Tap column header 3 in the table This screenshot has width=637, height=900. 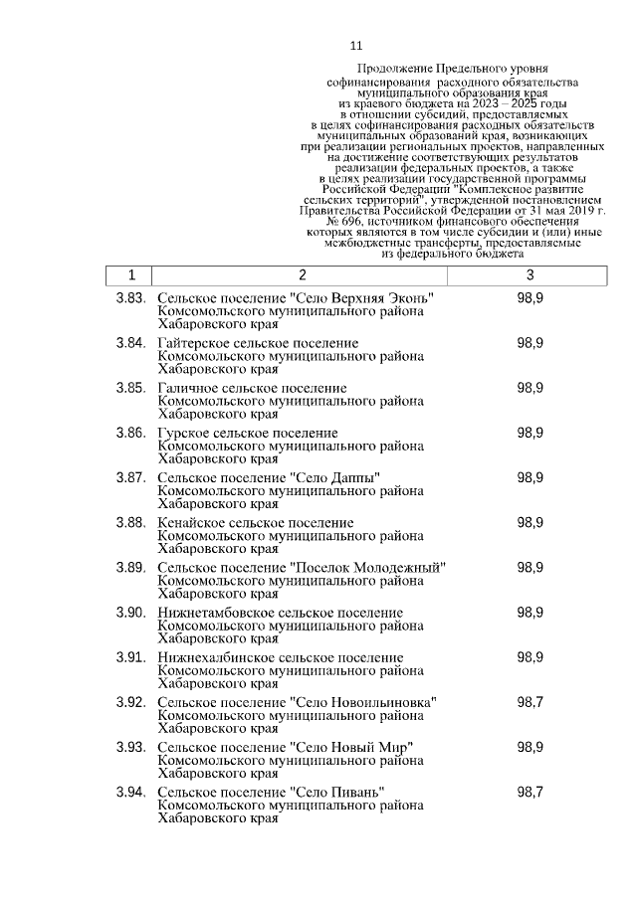[x=530, y=274]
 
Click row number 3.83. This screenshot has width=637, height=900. [x=131, y=298]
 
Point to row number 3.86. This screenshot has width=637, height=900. [x=131, y=433]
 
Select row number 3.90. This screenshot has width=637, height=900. [x=131, y=612]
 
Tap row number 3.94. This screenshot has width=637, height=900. [x=131, y=792]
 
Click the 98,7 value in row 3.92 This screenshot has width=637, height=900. [x=530, y=702]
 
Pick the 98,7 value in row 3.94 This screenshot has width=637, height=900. [x=530, y=792]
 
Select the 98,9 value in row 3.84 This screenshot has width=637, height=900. [x=530, y=343]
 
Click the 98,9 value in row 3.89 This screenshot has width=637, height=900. [x=530, y=567]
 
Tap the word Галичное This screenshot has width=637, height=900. [x=187, y=388]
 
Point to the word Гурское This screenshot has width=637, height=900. [x=182, y=434]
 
